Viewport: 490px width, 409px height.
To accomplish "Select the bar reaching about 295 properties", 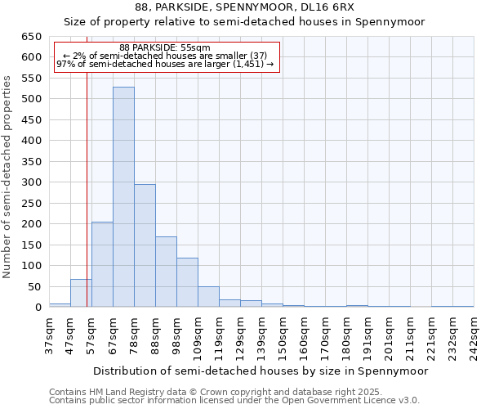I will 145,245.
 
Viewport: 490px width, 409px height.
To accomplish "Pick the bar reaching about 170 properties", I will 166,272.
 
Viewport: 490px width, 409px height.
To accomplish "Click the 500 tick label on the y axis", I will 32,99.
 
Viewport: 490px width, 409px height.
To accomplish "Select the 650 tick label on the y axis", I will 32,37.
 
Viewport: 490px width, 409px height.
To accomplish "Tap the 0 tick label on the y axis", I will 38,308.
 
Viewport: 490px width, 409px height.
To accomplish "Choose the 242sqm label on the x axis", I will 474,336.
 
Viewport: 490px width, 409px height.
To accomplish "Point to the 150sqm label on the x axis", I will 283,336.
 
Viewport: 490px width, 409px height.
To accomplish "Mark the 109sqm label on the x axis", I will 198,336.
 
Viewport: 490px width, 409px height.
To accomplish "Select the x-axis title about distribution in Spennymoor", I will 261,371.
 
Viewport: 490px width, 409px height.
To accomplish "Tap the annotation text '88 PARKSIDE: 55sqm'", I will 165,47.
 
